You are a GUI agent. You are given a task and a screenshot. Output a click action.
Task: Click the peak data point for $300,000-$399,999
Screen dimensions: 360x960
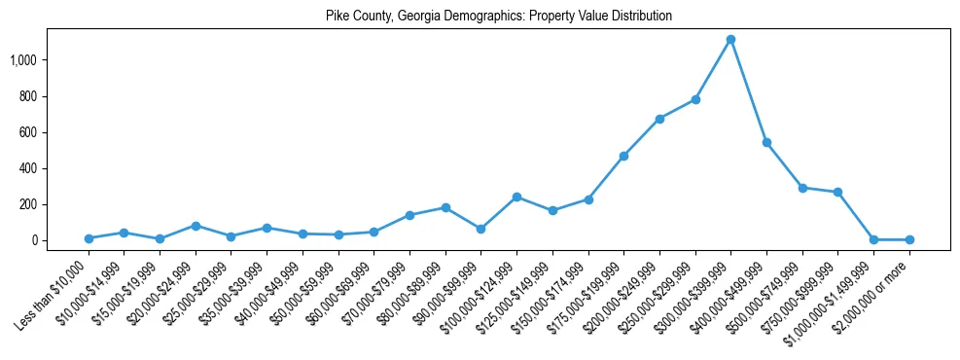coord(730,40)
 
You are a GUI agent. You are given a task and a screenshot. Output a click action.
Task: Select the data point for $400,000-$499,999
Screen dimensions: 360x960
coord(766,142)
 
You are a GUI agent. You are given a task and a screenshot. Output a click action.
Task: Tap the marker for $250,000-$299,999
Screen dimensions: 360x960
coord(695,99)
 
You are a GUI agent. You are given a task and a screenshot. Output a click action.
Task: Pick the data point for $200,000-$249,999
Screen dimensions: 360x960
coord(659,119)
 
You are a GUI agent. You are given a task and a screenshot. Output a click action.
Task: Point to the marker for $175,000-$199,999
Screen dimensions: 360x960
coord(623,156)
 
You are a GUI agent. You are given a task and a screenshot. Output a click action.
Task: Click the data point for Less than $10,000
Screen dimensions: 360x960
coord(89,238)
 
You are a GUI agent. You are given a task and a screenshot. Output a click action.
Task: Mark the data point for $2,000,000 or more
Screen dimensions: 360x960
coord(909,239)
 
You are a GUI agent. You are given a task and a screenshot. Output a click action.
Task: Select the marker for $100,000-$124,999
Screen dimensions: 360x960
coord(516,197)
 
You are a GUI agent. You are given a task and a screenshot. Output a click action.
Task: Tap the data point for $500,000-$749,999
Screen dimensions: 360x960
coord(802,188)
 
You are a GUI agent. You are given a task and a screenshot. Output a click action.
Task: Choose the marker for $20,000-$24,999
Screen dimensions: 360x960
coord(196,226)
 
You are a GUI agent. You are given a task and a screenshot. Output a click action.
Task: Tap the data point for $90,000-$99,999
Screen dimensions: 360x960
coord(480,229)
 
